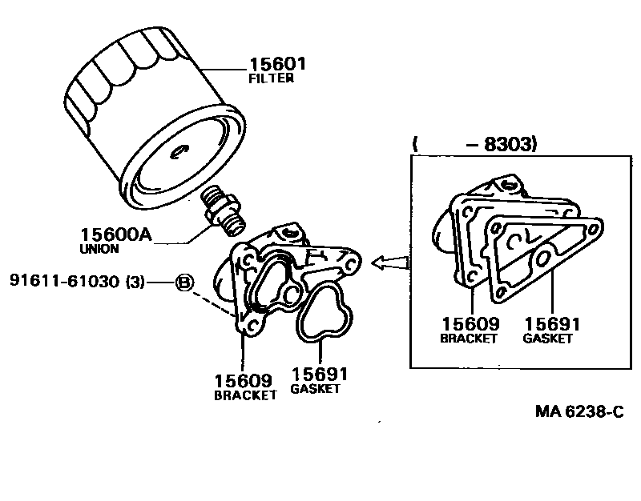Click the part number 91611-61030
tap(66, 282)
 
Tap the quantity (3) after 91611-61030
tap(135, 282)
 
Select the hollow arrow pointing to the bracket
tap(393, 262)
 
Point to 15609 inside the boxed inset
tap(470, 324)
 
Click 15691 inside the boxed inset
tap(552, 324)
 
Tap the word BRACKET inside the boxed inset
tap(470, 339)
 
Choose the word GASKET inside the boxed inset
tap(548, 339)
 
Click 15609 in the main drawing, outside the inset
tap(242, 380)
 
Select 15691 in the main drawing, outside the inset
tap(319, 375)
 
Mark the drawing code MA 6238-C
tap(579, 412)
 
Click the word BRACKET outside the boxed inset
tap(245, 395)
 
